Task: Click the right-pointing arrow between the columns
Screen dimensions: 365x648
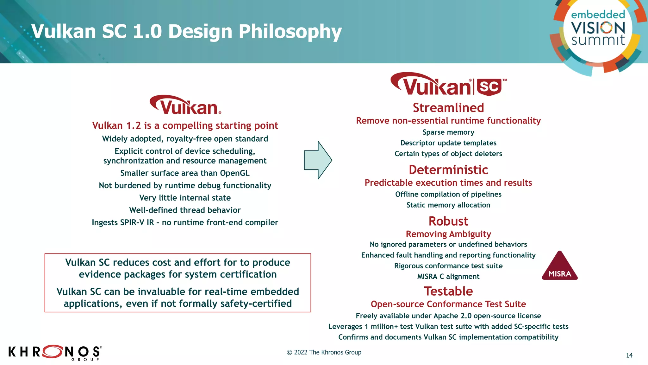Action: pos(318,160)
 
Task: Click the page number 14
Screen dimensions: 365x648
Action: pos(629,355)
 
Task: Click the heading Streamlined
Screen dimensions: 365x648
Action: pos(448,108)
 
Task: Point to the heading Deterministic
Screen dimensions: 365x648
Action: pos(448,170)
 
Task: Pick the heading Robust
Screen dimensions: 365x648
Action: pos(448,221)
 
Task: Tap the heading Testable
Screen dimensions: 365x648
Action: pos(448,291)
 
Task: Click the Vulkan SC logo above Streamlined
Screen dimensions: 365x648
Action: pos(448,85)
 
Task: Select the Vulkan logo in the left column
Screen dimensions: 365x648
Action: pos(185,105)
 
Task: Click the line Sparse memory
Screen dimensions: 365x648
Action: pos(448,132)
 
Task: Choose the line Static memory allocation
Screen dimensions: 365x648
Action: pos(448,205)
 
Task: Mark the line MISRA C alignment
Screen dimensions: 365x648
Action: pos(448,277)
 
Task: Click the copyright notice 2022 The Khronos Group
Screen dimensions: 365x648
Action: pos(324,352)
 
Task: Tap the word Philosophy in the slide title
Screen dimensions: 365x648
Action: pos(290,32)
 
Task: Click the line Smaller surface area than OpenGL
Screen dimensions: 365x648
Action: pos(185,173)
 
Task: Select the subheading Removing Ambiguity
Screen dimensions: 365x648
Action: pos(448,234)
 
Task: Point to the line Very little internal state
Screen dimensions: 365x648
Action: pos(185,198)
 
